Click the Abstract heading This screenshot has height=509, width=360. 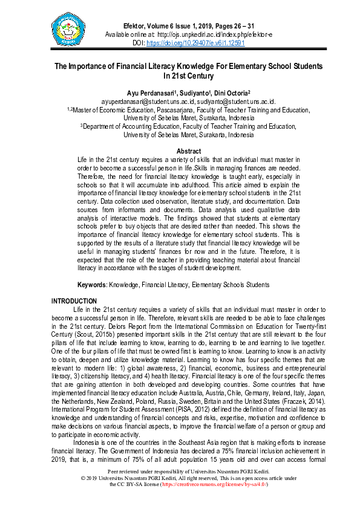pyautogui.click(x=188, y=151)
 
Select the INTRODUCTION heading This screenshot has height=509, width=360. pyautogui.click(x=74, y=300)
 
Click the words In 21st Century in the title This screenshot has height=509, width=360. pyautogui.click(x=188, y=77)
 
